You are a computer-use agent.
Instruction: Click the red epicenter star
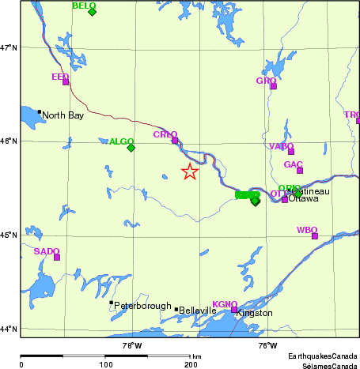(190, 171)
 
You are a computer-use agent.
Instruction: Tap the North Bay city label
(63, 115)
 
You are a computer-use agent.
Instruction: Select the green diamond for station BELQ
(93, 12)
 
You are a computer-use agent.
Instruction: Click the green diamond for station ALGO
(131, 148)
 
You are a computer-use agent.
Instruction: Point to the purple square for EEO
(66, 82)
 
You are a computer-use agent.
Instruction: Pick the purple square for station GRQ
(274, 86)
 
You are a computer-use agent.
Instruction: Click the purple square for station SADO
(57, 257)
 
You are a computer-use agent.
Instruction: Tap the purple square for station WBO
(315, 236)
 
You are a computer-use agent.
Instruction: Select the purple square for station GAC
(300, 171)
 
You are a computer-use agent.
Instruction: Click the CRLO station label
(165, 135)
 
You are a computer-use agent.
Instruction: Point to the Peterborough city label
(142, 306)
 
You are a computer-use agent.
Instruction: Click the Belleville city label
(198, 311)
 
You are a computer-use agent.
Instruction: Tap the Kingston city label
(254, 313)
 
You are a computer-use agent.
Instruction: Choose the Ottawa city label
(303, 198)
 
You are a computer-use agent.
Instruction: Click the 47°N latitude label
(9, 48)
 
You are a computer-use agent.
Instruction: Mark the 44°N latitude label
(9, 329)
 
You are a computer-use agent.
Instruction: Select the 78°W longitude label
(131, 345)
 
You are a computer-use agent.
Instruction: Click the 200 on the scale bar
(190, 364)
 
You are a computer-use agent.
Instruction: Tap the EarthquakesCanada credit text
(322, 356)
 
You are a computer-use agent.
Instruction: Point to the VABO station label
(281, 146)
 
